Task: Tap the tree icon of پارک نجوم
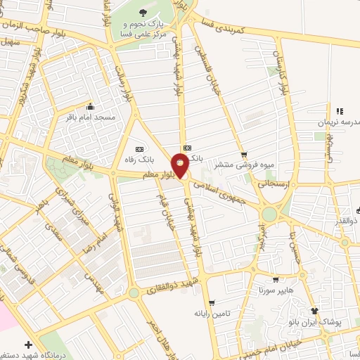(x=144, y=13)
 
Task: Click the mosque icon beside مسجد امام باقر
(x=89, y=107)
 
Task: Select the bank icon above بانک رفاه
(x=139, y=149)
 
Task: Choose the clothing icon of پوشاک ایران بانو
(x=314, y=311)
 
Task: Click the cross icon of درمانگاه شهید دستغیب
(x=27, y=345)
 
